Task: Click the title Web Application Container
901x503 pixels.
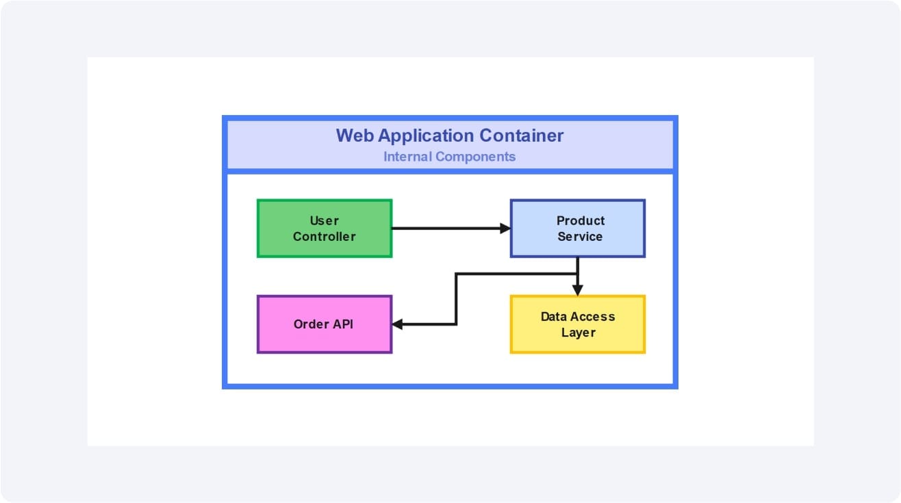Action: tap(449, 136)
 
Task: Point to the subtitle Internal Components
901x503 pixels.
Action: tap(449, 157)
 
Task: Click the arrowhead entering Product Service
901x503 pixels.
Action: tap(506, 229)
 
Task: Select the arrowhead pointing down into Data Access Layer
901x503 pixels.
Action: tap(578, 291)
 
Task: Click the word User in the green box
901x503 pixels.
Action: tap(325, 220)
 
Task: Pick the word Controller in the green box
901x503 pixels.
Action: tap(325, 237)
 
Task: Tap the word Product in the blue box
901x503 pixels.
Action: tap(581, 220)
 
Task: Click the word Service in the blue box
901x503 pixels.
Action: tap(580, 237)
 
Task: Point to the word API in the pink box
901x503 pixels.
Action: tap(342, 324)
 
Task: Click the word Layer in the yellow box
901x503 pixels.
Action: tap(579, 333)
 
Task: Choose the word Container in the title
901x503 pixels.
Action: tap(521, 136)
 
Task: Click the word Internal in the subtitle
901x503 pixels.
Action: tap(407, 157)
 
